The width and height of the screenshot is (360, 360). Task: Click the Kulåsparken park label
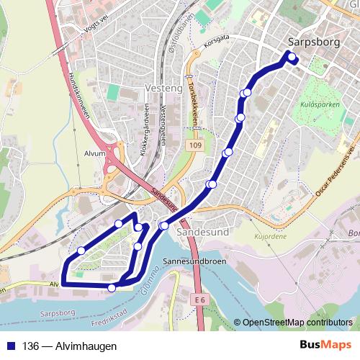click(316, 104)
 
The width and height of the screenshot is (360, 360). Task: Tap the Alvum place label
click(94, 153)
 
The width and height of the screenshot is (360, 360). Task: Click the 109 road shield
click(197, 146)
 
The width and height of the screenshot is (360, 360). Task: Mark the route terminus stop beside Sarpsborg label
click(292, 58)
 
